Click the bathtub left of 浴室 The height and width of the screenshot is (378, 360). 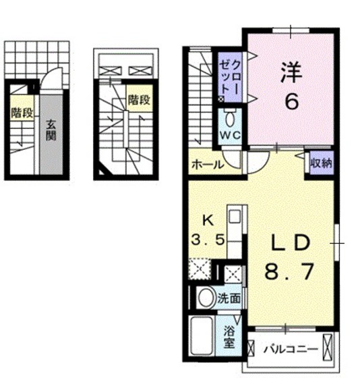[x=205, y=337]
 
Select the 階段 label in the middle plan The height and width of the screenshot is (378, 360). [x=138, y=100]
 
